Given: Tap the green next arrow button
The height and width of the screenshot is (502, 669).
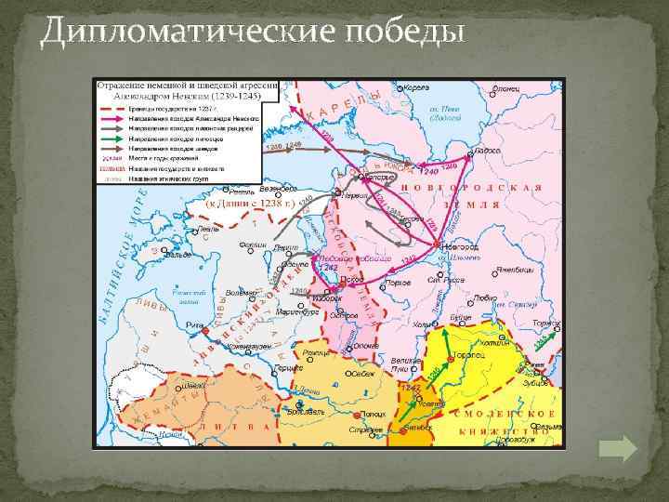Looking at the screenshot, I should (x=617, y=450).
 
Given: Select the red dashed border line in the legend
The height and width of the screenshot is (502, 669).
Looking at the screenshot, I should (x=110, y=107).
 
